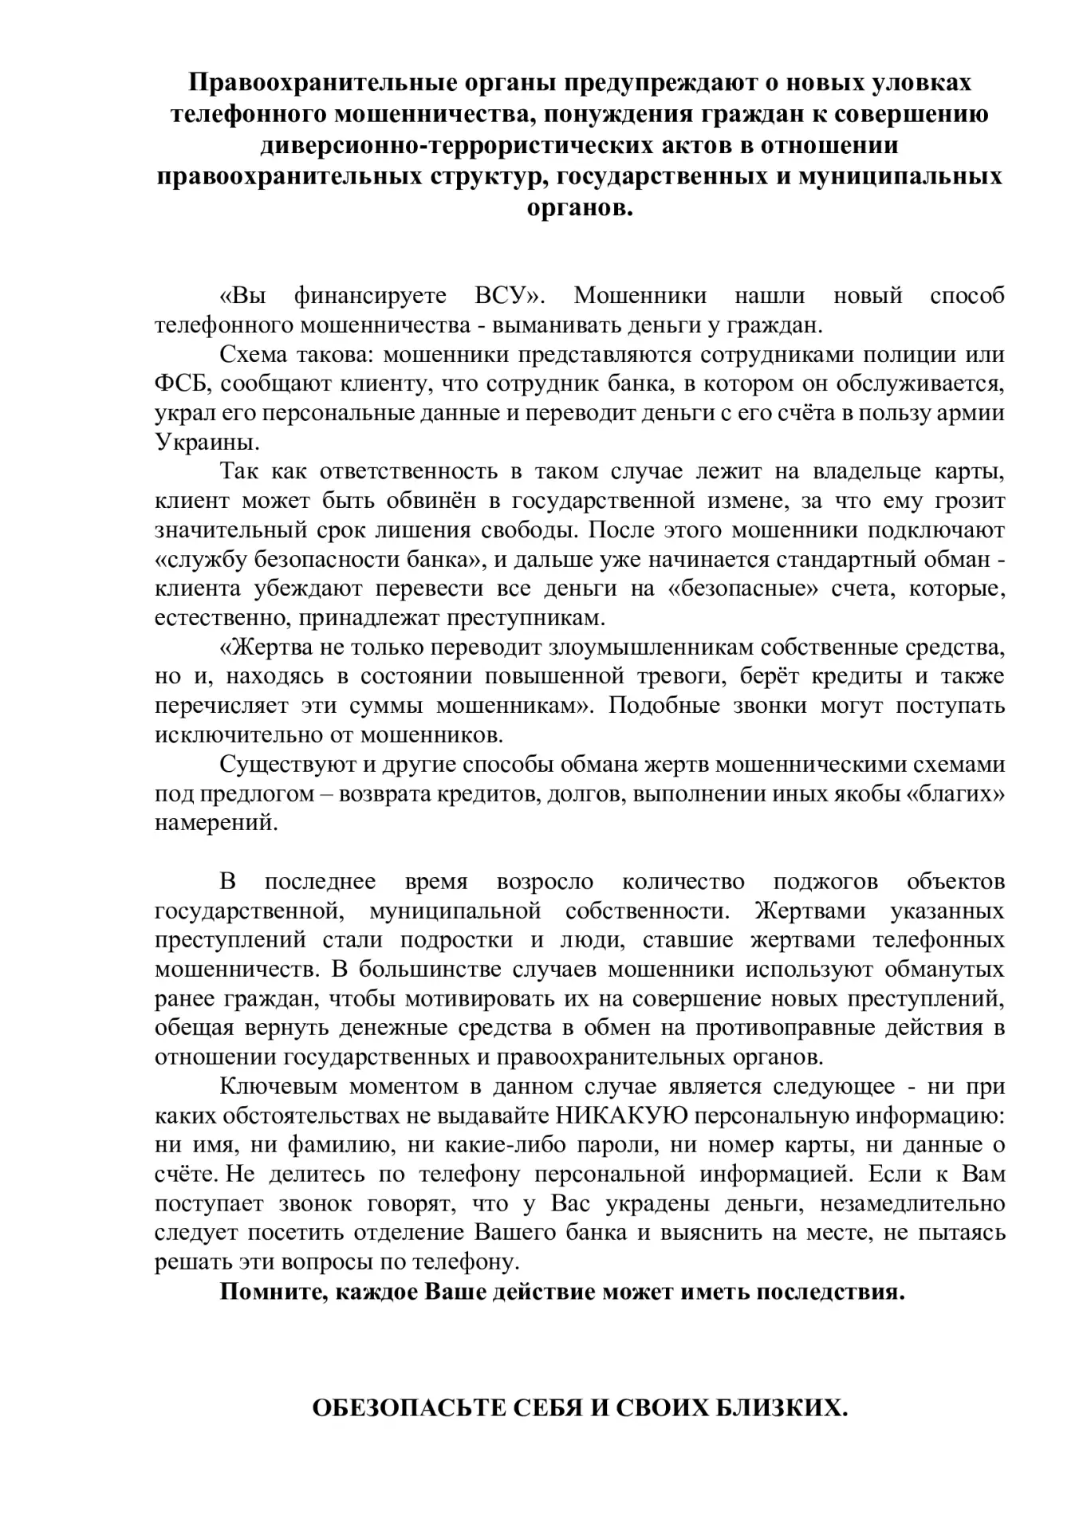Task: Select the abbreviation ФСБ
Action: pos(180,384)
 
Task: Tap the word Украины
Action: pos(195,443)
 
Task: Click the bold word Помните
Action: pos(270,1291)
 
